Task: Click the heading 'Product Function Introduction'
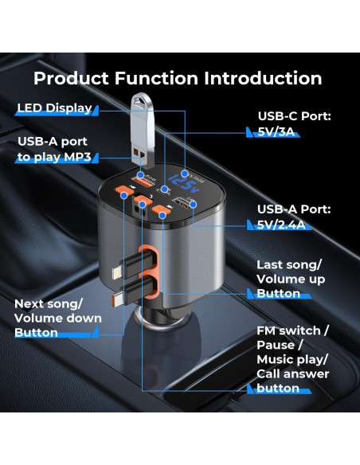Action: (x=178, y=78)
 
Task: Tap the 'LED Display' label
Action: (x=55, y=108)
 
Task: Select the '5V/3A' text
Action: (x=276, y=131)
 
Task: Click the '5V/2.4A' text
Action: (x=281, y=225)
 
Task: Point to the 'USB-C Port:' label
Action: (x=294, y=116)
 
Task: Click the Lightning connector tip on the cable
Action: (x=116, y=272)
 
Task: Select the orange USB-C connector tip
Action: (x=117, y=301)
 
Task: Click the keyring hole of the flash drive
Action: (x=140, y=102)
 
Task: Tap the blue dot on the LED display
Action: (x=185, y=174)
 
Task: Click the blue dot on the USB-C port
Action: (x=164, y=189)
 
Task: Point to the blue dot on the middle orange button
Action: (x=143, y=205)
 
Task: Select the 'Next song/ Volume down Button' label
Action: (x=58, y=318)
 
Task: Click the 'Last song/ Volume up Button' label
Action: (x=291, y=279)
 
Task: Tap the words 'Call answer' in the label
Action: (x=292, y=374)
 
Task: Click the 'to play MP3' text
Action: (x=54, y=157)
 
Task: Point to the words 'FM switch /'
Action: (x=292, y=330)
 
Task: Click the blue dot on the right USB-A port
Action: (x=194, y=205)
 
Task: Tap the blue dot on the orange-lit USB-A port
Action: (x=141, y=174)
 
